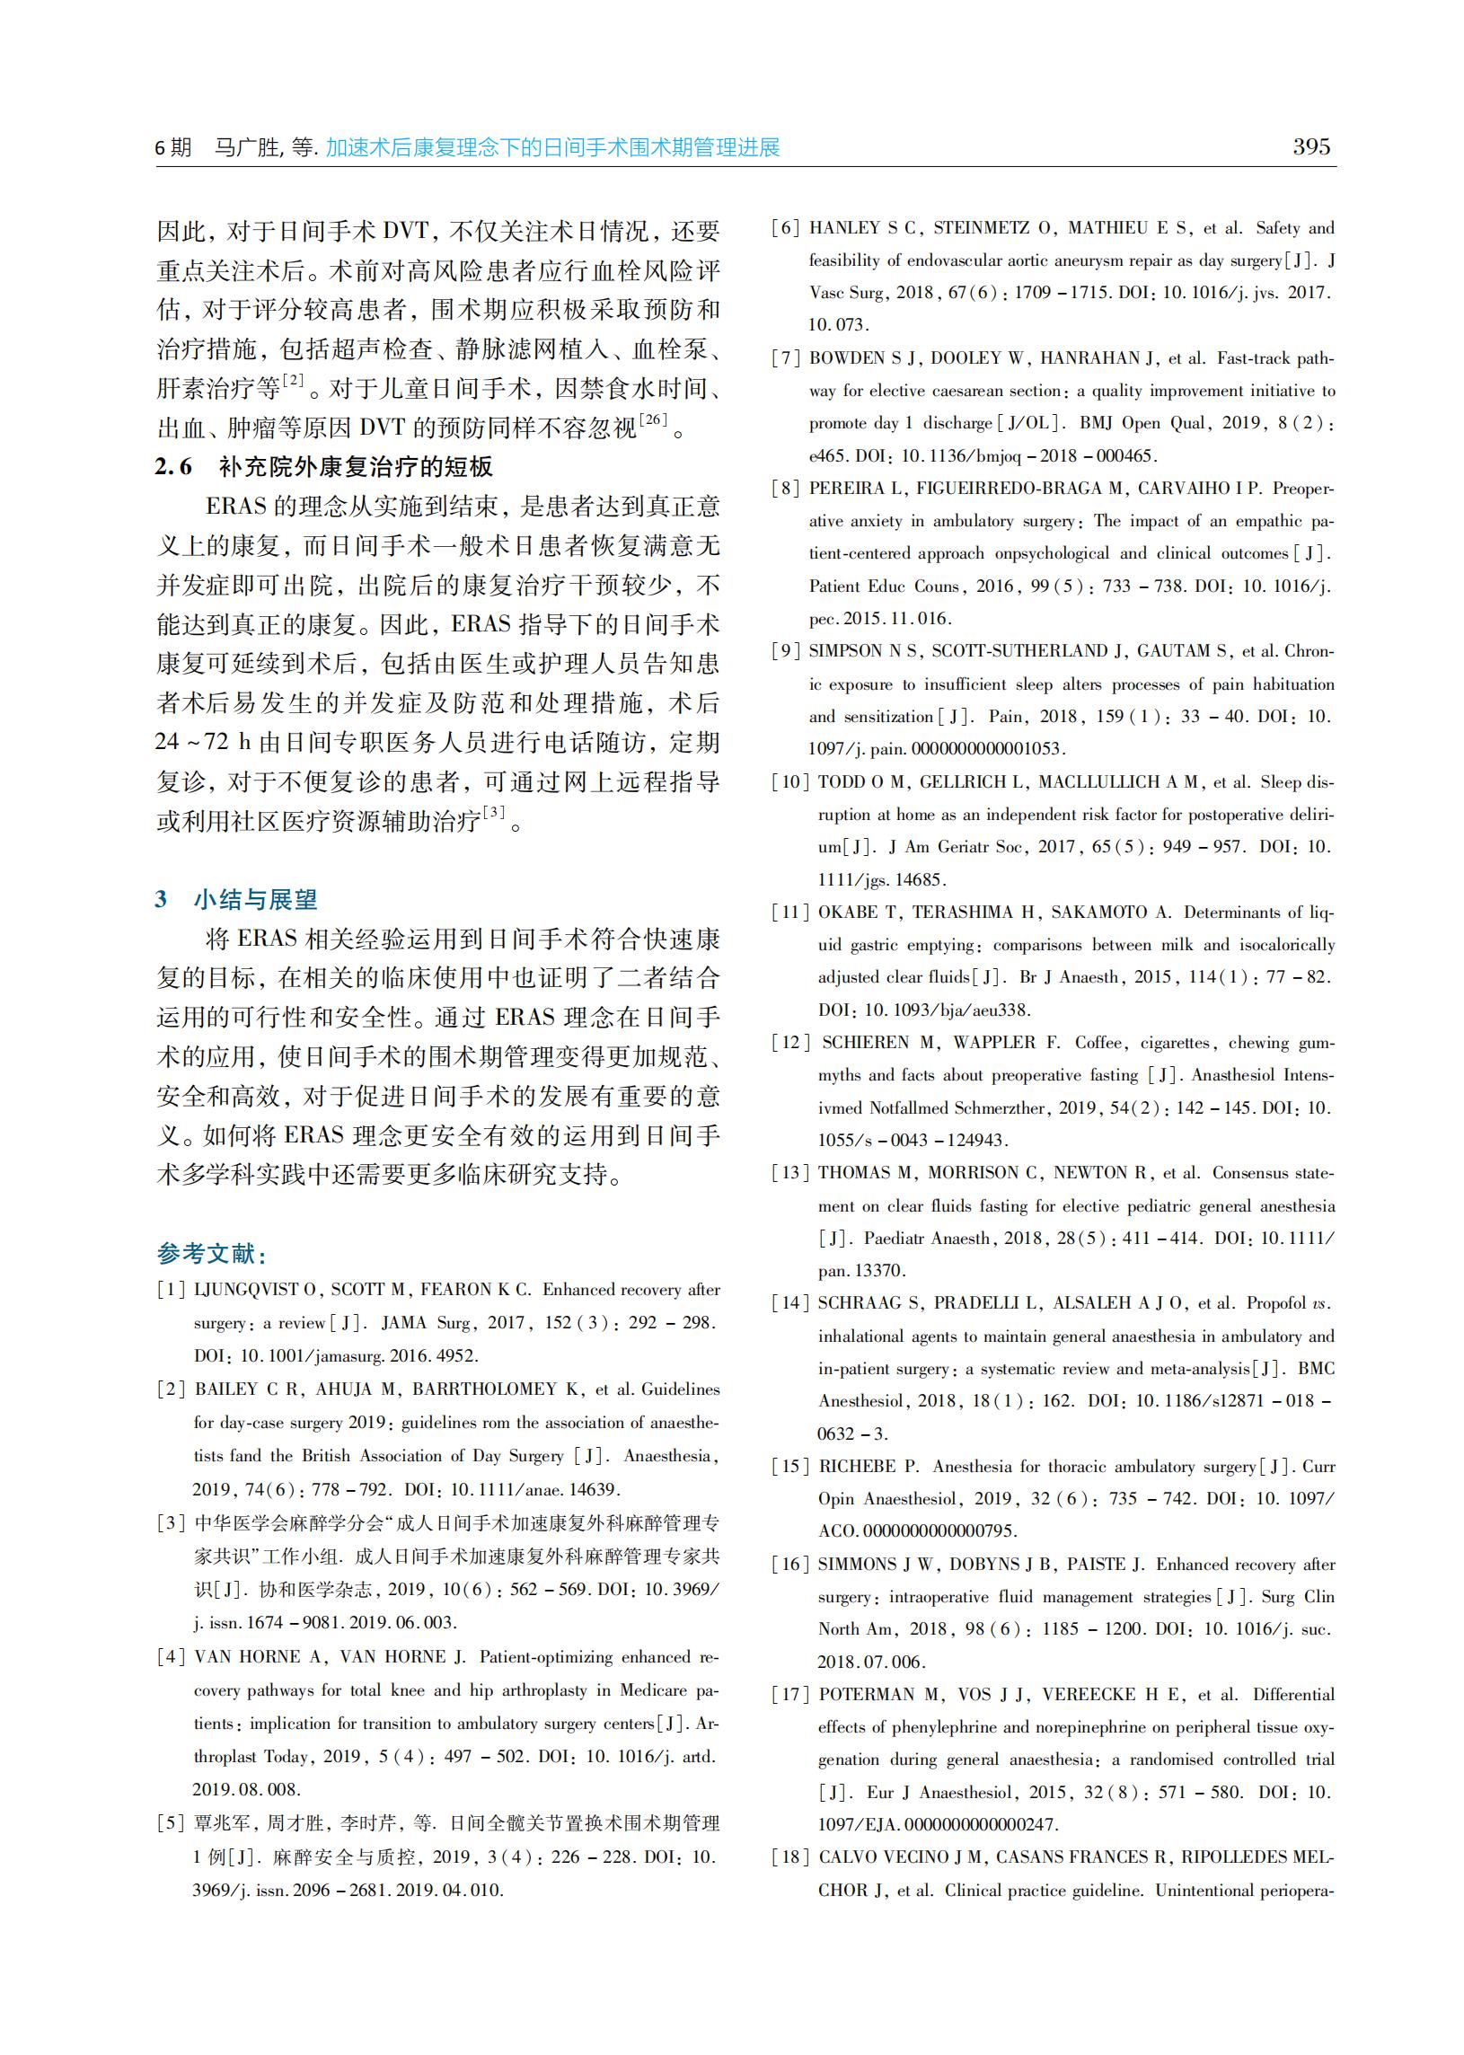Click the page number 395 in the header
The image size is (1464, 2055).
(1310, 146)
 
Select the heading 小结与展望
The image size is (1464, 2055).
(255, 898)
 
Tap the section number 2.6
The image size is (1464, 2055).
(173, 467)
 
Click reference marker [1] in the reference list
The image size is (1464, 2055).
(172, 1291)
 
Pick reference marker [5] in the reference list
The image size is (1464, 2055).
(172, 1823)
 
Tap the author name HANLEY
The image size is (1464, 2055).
(842, 228)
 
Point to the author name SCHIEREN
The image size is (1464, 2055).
(866, 1043)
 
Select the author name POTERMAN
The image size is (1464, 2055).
(867, 1695)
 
